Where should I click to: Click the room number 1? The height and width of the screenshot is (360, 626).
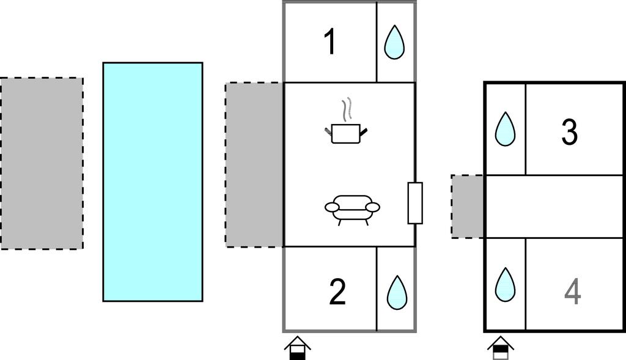330,42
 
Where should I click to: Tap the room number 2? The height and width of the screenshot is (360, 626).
337,292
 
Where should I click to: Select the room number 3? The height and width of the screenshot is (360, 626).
569,132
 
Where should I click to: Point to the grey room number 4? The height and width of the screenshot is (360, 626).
572,292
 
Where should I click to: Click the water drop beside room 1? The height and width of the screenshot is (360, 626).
394,42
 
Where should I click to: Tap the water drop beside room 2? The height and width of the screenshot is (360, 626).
397,292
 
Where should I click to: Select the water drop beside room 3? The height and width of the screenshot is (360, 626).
505,130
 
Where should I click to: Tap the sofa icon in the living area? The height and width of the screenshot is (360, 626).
352,208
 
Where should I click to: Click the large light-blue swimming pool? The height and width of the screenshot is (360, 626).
152,182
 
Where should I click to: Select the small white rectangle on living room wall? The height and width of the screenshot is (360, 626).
415,203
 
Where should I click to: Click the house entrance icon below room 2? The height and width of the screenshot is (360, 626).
298,348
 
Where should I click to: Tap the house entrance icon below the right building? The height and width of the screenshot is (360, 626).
501,348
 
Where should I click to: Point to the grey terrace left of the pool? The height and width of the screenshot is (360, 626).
41,163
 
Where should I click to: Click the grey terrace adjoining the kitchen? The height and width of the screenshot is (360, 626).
254,164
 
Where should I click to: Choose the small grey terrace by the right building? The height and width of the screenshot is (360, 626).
468,207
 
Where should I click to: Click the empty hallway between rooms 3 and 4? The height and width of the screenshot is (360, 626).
553,207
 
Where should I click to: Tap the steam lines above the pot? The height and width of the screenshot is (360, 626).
347,109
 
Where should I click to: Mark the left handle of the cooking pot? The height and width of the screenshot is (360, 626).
328,130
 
